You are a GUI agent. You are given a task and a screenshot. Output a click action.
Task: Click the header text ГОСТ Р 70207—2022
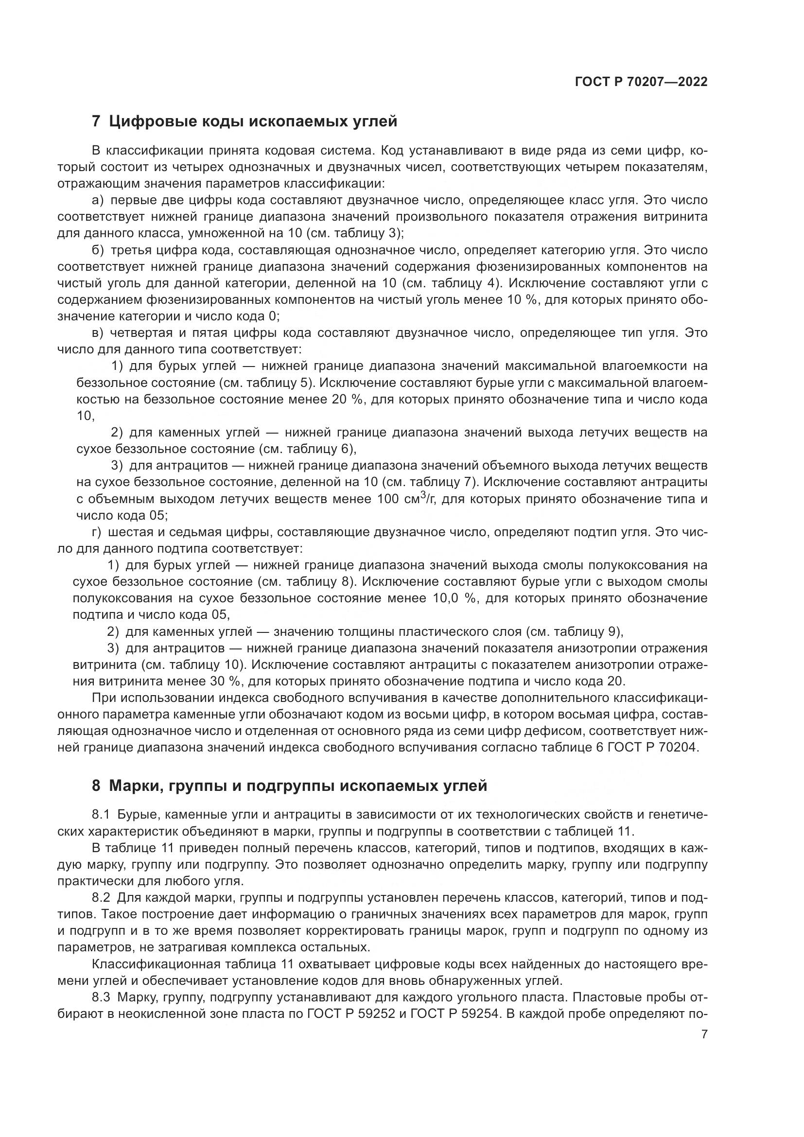[641, 82]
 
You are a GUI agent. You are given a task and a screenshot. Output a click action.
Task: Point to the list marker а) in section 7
[98, 201]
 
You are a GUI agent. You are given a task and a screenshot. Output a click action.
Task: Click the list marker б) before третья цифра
[98, 250]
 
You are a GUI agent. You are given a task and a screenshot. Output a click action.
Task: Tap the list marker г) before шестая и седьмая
[97, 532]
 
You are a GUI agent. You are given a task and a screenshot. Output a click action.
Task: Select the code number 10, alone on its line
[85, 416]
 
